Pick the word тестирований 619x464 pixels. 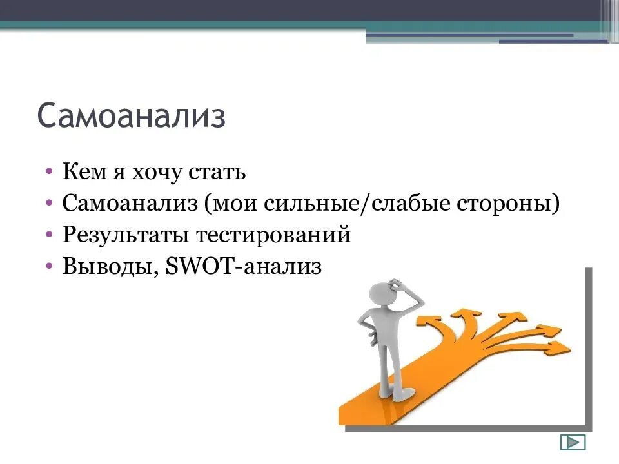click(273, 235)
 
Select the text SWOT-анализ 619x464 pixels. click(243, 266)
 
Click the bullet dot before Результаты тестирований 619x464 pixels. click(50, 235)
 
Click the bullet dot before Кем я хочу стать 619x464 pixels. click(50, 172)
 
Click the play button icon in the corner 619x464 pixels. click(573, 442)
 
